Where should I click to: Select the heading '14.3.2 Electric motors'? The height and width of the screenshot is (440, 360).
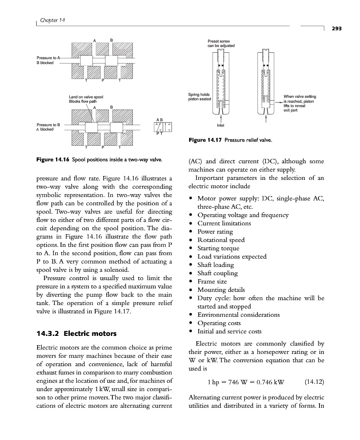(77, 333)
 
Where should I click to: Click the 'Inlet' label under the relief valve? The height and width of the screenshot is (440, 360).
(220, 125)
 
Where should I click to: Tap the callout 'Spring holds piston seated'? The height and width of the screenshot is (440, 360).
(199, 97)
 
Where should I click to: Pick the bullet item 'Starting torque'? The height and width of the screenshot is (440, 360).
(221, 248)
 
